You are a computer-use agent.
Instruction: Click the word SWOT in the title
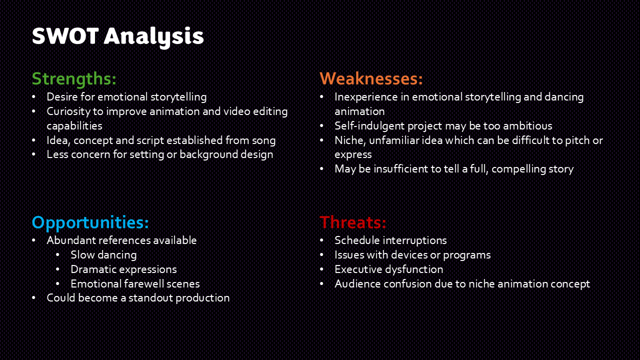click(x=65, y=36)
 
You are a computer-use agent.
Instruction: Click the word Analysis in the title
click(x=154, y=37)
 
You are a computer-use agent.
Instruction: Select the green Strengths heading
click(x=74, y=79)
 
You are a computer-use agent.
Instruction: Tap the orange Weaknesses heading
click(x=371, y=78)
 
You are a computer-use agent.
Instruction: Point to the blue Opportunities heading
click(x=90, y=223)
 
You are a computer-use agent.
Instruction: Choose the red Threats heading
click(x=353, y=222)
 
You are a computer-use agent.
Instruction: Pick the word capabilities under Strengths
click(x=74, y=126)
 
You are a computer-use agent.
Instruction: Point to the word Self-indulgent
click(x=369, y=126)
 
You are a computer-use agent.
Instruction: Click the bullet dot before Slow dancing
click(x=57, y=255)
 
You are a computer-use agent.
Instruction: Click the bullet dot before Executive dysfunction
click(x=321, y=269)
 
